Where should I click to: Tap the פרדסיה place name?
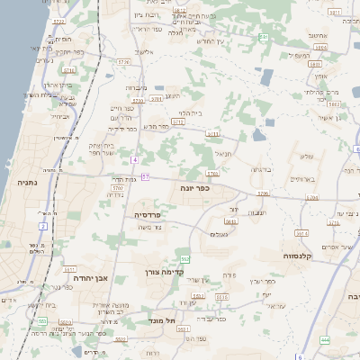tap(148, 215)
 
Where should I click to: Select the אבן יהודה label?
tap(90, 278)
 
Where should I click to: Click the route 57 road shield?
tap(145, 176)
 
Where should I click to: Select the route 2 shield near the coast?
tap(43, 226)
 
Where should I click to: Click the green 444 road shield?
tap(325, 340)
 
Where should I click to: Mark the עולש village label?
tap(306, 157)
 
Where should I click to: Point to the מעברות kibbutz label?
tap(135, 87)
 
